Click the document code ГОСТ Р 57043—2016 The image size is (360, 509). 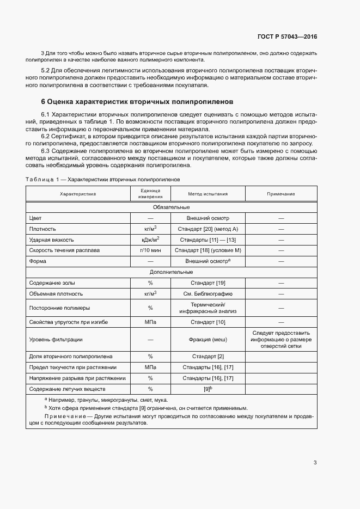pyautogui.click(x=287, y=37)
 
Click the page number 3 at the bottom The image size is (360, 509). pyautogui.click(x=315, y=463)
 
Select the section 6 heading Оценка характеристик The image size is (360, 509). pyautogui.click(x=137, y=101)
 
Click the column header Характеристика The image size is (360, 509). pyautogui.click(x=78, y=194)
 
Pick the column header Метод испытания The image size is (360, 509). pyautogui.click(x=208, y=194)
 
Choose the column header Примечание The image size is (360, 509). pyautogui.click(x=281, y=194)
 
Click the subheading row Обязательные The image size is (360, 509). pyautogui.click(x=171, y=207)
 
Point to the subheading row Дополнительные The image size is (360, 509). pyautogui.click(x=171, y=272)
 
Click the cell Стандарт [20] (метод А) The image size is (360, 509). pyautogui.click(x=208, y=229)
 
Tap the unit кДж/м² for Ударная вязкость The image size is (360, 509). pyautogui.click(x=150, y=240)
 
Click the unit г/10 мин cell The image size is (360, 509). pyautogui.click(x=150, y=250)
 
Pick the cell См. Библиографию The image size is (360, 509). pyautogui.click(x=208, y=293)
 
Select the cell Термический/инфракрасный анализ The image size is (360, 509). pyautogui.click(x=208, y=308)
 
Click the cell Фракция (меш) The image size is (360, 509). pyautogui.click(x=208, y=340)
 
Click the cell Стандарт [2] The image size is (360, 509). pyautogui.click(x=208, y=357)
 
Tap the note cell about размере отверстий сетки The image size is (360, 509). pyautogui.click(x=281, y=340)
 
